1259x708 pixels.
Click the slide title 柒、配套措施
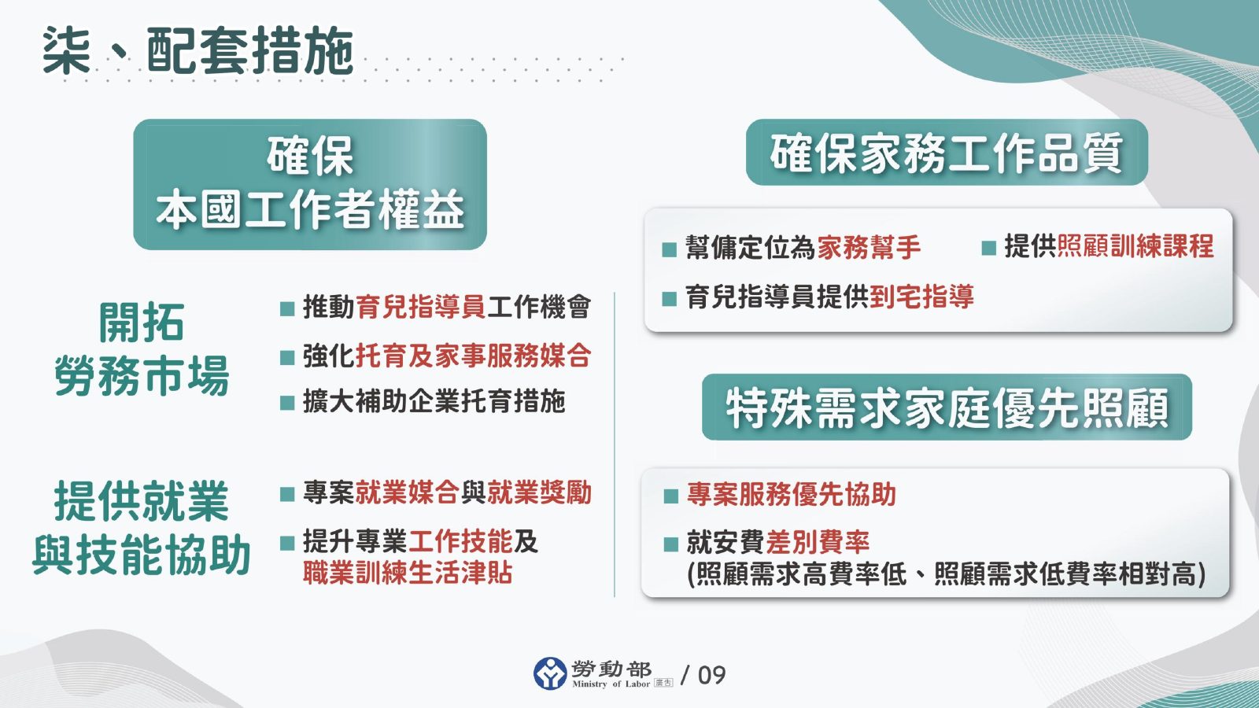click(197, 51)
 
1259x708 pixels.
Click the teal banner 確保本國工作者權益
click(310, 184)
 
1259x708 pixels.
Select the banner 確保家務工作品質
click(947, 153)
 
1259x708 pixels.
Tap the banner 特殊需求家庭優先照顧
click(947, 407)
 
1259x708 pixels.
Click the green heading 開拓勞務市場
click(142, 349)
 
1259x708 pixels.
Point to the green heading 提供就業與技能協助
click(142, 528)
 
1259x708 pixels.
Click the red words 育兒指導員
click(420, 307)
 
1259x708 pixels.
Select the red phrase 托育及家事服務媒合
click(473, 356)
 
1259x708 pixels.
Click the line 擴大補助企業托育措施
click(434, 402)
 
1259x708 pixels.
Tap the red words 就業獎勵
click(539, 493)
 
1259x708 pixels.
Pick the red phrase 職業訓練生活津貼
click(408, 573)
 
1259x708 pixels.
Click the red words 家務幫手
click(869, 248)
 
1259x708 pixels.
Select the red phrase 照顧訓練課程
click(1135, 247)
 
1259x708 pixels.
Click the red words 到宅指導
click(921, 297)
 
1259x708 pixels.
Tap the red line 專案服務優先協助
click(791, 495)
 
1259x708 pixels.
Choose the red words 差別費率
click(817, 542)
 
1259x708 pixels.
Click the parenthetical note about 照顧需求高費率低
click(946, 574)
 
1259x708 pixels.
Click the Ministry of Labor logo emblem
click(550, 674)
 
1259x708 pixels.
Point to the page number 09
click(711, 675)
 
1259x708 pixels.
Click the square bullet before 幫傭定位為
click(670, 250)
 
